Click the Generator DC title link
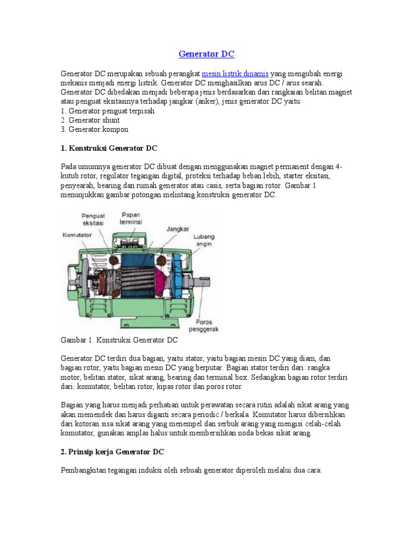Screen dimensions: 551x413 point(206,54)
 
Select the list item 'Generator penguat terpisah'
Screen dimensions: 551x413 point(108,111)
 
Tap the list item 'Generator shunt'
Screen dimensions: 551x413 point(90,120)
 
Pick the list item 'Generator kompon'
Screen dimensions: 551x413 point(95,130)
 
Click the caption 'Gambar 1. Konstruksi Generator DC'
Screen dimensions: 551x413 point(119,340)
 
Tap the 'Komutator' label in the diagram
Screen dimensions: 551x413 point(77,235)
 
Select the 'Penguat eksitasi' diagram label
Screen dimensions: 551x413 point(93,218)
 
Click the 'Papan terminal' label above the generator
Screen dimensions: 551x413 point(130,218)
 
